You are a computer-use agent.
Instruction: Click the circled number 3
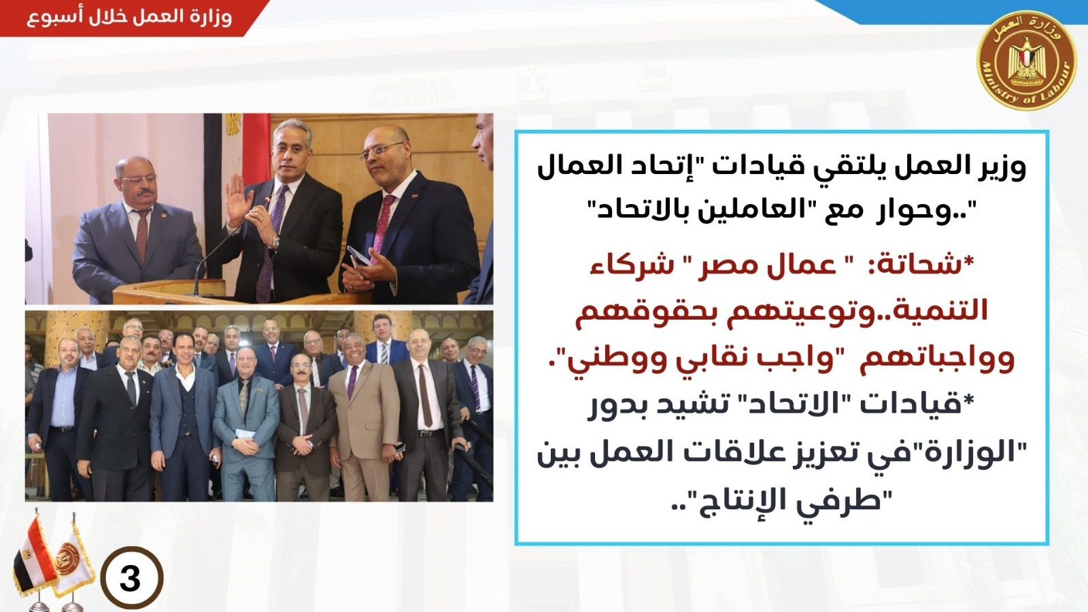click(x=132, y=578)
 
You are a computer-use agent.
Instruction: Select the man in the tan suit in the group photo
click(x=360, y=422)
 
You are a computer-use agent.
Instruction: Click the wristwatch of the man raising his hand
click(x=276, y=241)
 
